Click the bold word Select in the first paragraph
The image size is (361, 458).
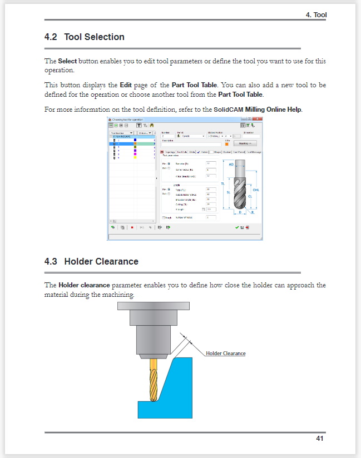[67, 61]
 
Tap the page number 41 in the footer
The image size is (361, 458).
[319, 439]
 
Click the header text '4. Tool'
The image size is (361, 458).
[316, 15]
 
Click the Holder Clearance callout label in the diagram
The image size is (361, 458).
[225, 354]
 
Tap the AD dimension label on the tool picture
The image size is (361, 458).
[230, 164]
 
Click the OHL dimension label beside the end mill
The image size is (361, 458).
[256, 190]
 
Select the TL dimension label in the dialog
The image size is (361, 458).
[222, 183]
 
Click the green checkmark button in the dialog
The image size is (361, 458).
[237, 227]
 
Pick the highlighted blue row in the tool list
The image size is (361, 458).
[132, 143]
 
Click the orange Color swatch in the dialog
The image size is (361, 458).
[227, 143]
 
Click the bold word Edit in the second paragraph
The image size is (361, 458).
[126, 86]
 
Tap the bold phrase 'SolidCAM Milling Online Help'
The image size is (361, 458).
[258, 109]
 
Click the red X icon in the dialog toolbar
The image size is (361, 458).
[132, 227]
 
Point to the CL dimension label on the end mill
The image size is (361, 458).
[250, 196]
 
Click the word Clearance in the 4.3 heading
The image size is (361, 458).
[117, 261]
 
